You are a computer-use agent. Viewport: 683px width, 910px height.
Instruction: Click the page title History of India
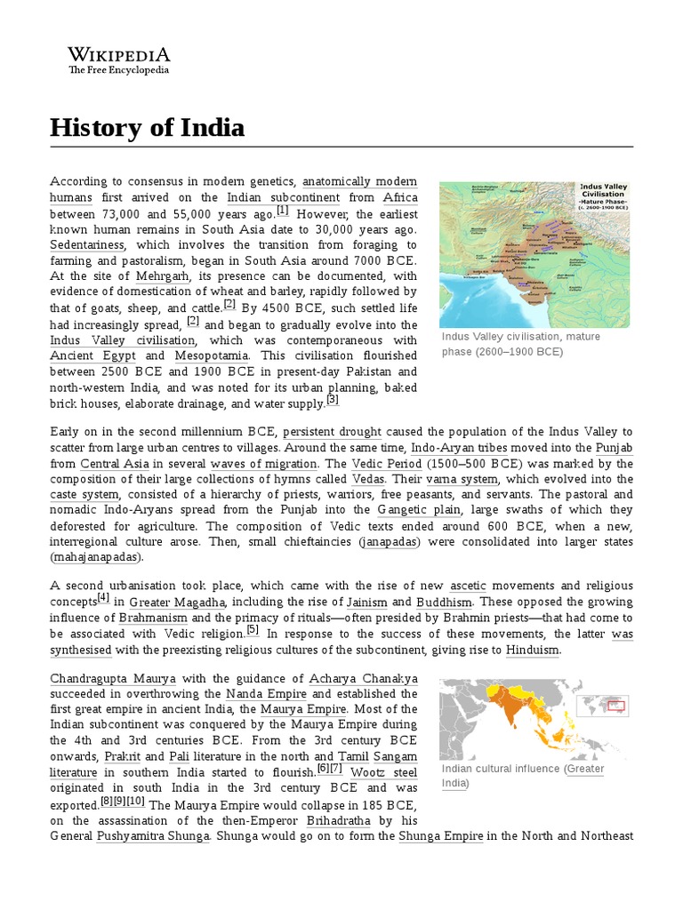point(147,128)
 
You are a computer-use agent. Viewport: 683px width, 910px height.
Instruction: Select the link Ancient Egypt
point(87,356)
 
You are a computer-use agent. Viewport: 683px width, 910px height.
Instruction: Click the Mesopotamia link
point(211,356)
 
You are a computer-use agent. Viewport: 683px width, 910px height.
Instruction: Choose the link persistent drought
point(332,432)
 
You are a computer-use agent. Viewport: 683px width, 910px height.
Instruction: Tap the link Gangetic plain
point(419,510)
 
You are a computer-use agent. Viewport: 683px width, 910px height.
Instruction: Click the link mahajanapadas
point(96,558)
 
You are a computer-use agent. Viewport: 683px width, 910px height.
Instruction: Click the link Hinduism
point(533,651)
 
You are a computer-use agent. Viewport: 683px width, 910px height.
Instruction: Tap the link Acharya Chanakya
point(350,678)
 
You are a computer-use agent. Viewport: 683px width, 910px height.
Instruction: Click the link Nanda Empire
point(266,694)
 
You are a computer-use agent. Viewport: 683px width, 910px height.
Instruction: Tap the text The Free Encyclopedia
point(118,70)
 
